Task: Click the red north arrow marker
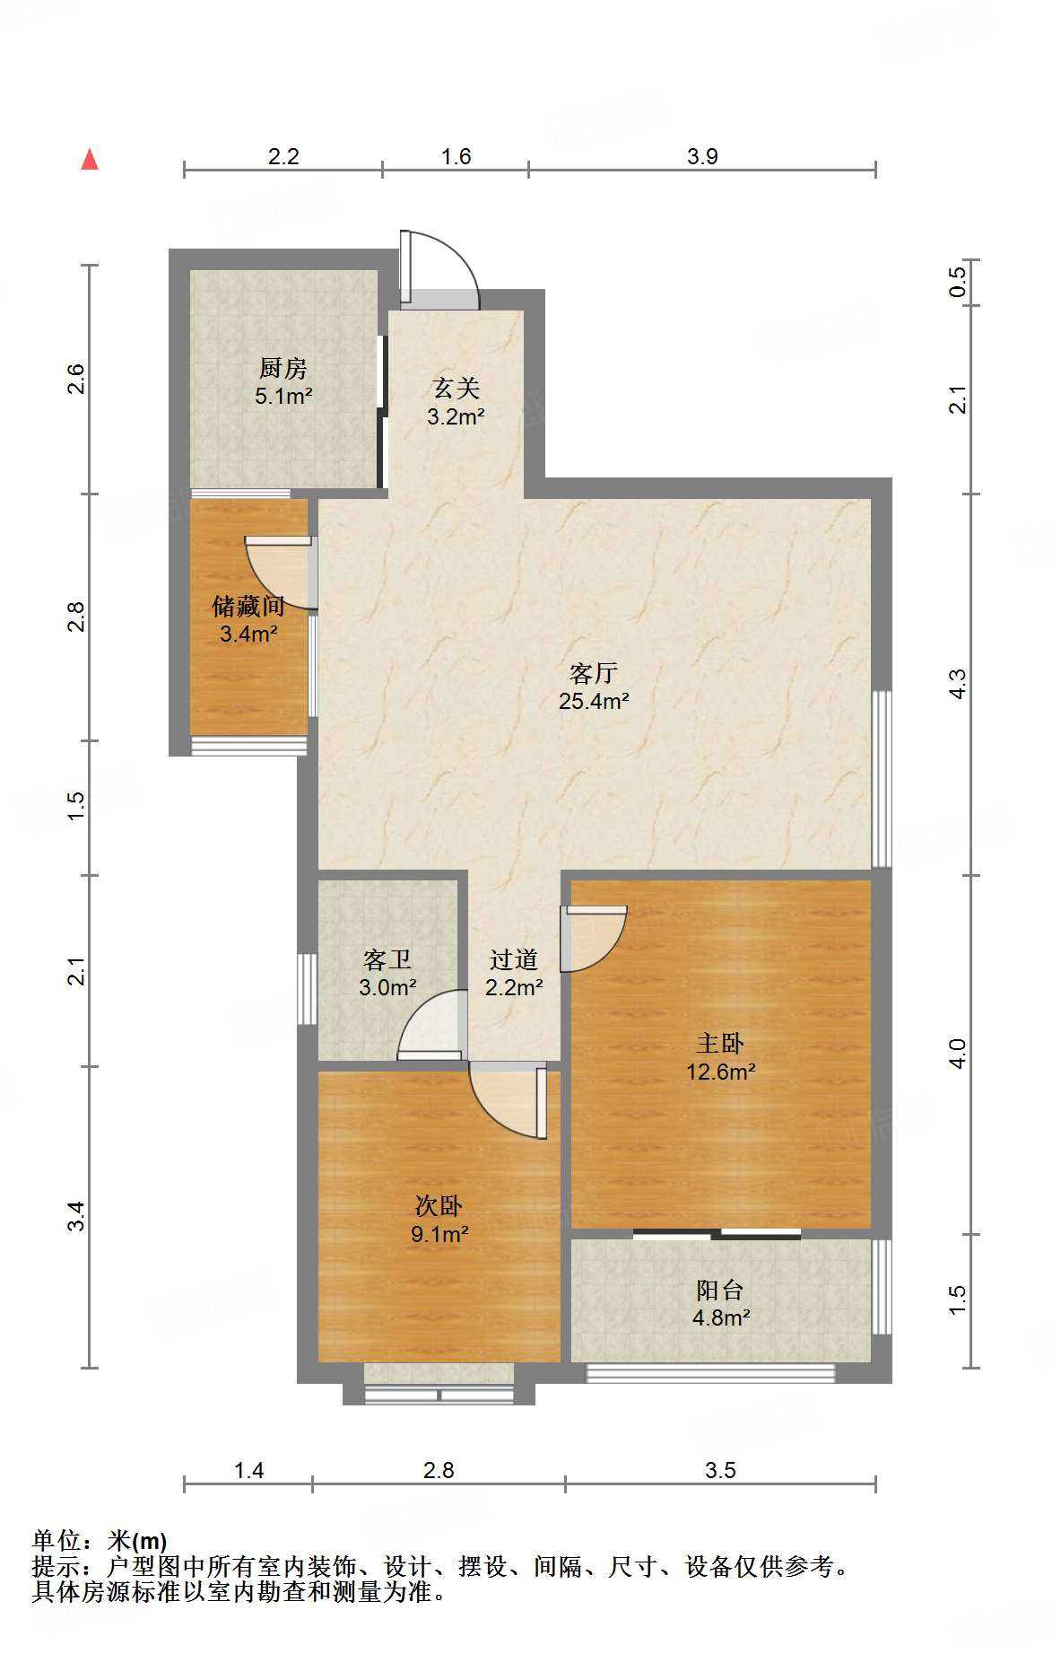point(90,159)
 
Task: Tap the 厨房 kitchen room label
point(283,368)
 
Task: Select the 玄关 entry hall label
point(457,389)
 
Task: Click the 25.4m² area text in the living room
point(594,701)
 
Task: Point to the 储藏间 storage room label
point(248,606)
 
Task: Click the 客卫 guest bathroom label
point(387,959)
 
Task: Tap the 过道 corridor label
point(514,959)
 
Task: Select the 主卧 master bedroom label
point(720,1043)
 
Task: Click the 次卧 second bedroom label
point(439,1205)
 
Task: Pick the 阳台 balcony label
point(720,1290)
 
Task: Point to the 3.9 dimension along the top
point(702,156)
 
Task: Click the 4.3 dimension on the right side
point(958,684)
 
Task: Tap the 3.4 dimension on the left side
point(76,1216)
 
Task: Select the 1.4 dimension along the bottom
point(248,1470)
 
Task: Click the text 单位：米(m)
point(100,1541)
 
